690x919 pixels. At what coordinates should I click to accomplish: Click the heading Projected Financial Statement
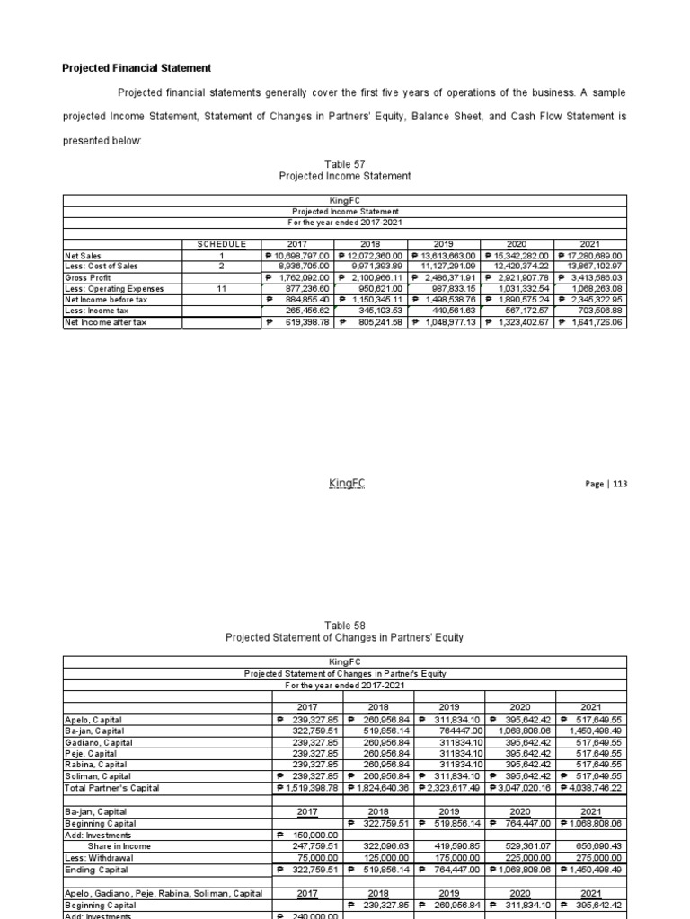(136, 67)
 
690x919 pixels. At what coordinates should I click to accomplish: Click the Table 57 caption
(345, 163)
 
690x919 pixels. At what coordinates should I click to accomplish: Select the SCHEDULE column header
(221, 244)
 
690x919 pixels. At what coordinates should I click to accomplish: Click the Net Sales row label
(81, 256)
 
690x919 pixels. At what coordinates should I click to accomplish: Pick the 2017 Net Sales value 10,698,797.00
(300, 256)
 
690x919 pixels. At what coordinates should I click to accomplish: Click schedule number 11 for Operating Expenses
(221, 288)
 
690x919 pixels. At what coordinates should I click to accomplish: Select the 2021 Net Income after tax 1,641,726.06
(590, 321)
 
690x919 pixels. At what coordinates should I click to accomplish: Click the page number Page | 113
(606, 484)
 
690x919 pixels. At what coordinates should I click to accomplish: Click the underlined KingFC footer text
(347, 484)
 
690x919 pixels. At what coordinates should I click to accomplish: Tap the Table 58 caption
(345, 625)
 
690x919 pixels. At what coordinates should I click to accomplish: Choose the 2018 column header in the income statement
(371, 244)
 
